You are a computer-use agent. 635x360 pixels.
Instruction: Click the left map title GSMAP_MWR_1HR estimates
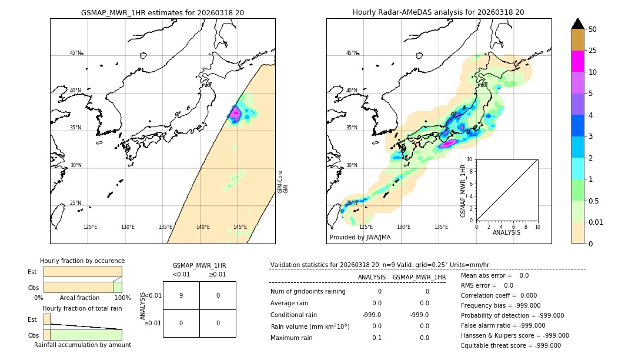click(162, 12)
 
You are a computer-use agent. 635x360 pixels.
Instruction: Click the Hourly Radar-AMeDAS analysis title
click(438, 12)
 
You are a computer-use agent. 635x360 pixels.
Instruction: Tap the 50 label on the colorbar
click(593, 29)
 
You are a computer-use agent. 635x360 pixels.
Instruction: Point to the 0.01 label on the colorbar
click(596, 222)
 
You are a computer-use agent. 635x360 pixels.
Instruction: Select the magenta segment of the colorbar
click(577, 61)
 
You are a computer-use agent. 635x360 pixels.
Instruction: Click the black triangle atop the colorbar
click(577, 24)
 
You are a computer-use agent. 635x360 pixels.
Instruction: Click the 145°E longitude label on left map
click(240, 227)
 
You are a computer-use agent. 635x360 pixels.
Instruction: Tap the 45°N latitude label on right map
click(352, 54)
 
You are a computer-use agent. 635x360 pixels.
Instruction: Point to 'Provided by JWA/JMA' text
click(360, 238)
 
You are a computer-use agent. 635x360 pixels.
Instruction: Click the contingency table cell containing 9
click(181, 295)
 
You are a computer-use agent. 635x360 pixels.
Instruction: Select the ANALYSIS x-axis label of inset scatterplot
click(507, 233)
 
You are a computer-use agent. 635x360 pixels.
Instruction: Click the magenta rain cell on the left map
click(235, 113)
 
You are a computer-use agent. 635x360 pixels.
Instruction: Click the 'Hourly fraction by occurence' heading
click(82, 261)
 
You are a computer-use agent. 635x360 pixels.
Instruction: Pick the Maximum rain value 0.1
click(376, 338)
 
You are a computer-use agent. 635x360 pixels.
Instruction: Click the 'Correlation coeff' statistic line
click(494, 295)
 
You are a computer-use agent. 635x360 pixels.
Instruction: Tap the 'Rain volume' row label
click(310, 326)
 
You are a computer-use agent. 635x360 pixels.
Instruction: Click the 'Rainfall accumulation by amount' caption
click(82, 345)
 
